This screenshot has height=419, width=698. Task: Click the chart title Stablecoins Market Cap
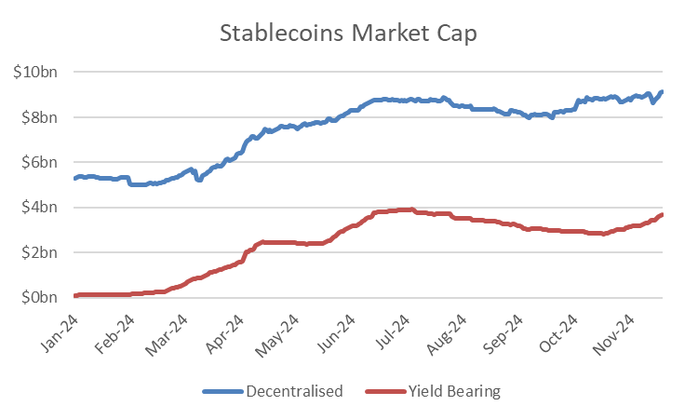(349, 33)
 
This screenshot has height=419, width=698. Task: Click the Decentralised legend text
(294, 391)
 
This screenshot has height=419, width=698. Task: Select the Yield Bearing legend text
(454, 391)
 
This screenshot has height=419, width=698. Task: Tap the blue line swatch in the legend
(220, 391)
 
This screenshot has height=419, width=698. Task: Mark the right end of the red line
(661, 215)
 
